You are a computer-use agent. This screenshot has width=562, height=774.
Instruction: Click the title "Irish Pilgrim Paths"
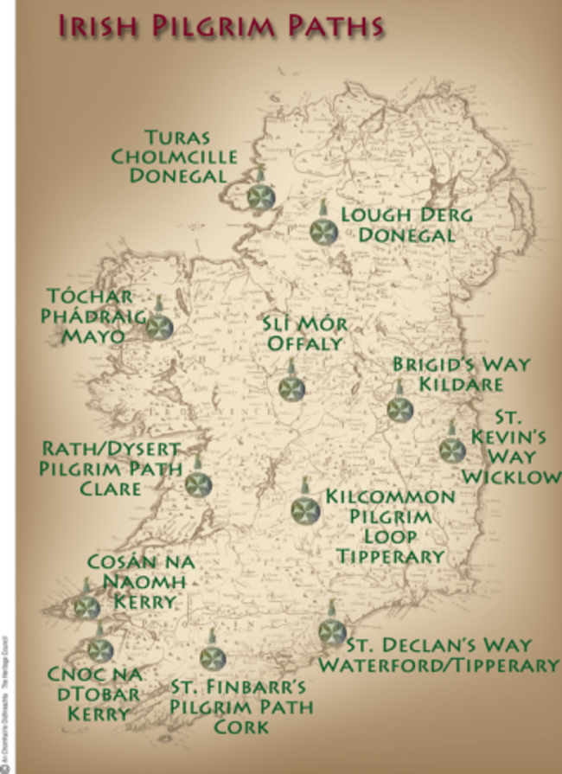pos(220,25)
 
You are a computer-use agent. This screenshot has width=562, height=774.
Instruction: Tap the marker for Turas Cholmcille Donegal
pos(260,197)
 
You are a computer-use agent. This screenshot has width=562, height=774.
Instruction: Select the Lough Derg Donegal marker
pos(323,231)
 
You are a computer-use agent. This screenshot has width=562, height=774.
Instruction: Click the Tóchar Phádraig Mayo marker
pos(159,327)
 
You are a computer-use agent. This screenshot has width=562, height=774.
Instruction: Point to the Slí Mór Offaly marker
pos(292,388)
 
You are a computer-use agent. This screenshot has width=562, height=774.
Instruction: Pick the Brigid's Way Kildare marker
pos(399,408)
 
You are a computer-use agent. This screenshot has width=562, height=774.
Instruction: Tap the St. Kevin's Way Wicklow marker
pos(451,450)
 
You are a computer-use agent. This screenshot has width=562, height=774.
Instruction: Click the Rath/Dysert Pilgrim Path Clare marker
pos(198,484)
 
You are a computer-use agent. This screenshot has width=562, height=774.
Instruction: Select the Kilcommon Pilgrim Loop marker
pos(305,510)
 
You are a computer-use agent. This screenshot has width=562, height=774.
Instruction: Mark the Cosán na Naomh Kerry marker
pos(86,607)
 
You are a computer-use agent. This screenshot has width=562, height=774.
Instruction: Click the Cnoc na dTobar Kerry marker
pos(101,649)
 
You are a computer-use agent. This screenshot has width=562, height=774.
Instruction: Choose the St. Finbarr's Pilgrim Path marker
pos(212,658)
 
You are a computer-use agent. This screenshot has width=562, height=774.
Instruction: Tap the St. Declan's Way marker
pos(331,632)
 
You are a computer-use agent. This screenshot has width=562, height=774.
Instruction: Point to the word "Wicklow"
pos(510,477)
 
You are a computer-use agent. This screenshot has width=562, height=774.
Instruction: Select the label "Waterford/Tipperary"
pos(437,665)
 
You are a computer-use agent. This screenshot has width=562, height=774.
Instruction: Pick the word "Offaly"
pos(304,343)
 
